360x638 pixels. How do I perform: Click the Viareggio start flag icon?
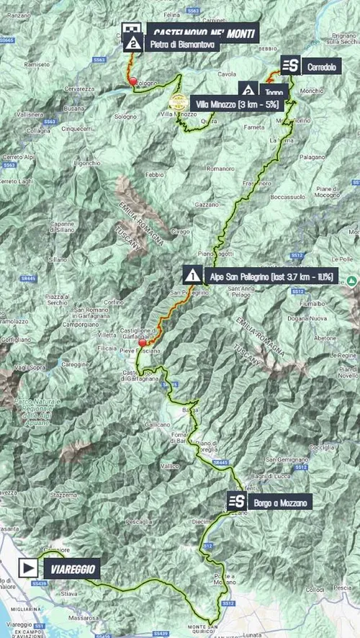coord(27,567)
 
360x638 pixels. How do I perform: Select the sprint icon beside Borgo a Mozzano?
coord(235,501)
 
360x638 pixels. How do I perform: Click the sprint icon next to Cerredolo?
coord(290,66)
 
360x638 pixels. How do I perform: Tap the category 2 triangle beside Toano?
coord(248,90)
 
